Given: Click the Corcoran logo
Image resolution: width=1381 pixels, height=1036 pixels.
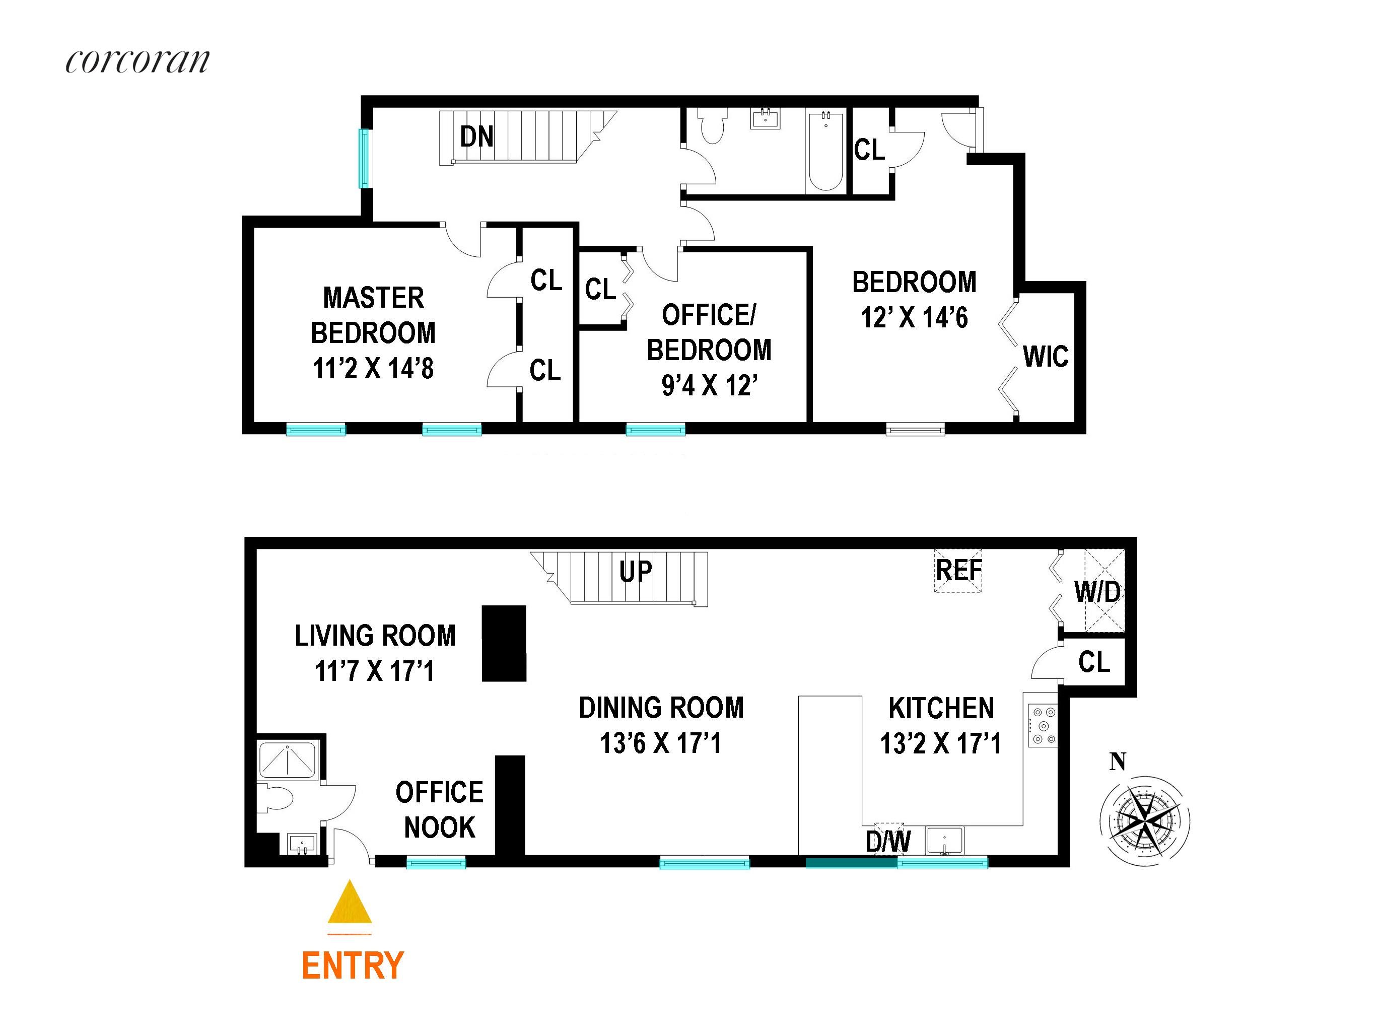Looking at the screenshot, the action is click(x=137, y=62).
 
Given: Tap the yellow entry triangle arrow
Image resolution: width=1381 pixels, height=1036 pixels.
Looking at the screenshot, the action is click(x=350, y=903).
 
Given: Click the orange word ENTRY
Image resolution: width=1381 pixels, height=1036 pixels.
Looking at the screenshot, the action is click(x=353, y=965).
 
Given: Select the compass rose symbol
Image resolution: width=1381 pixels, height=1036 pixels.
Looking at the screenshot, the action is click(x=1144, y=820).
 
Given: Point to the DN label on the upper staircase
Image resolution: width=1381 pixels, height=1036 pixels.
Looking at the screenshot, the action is click(x=476, y=137).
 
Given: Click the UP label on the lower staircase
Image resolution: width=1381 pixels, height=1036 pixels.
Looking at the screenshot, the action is click(x=636, y=572).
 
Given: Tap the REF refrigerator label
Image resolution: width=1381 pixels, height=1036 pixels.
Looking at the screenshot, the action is click(x=958, y=570).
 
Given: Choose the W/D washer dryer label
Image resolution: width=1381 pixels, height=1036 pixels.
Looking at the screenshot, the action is click(x=1097, y=592).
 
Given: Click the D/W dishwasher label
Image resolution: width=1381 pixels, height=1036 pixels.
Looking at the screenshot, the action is click(x=888, y=841).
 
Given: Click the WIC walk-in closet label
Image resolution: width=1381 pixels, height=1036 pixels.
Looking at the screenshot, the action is click(x=1045, y=357).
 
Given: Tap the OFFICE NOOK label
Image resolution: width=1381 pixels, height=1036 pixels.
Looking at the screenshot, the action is click(x=440, y=810).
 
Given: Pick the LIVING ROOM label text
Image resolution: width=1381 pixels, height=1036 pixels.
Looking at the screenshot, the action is click(x=375, y=636).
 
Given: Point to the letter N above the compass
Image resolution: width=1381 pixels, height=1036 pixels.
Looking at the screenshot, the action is click(x=1118, y=762).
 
